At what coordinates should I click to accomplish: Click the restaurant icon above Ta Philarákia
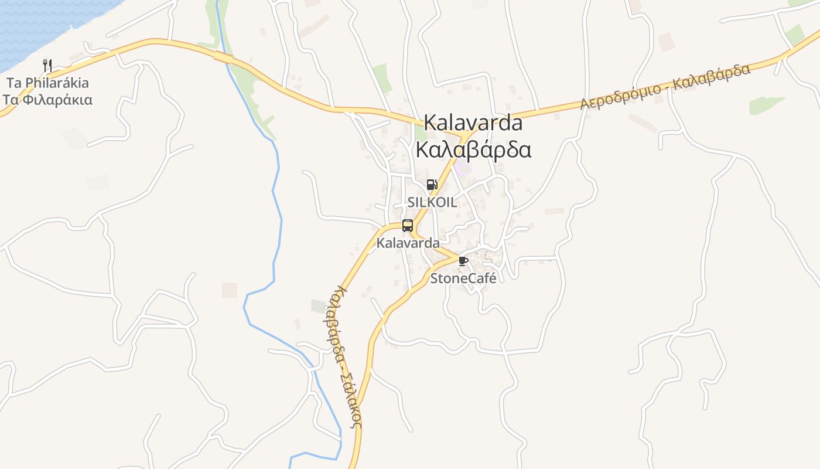click(x=47, y=65)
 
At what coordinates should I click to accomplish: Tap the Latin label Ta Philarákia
click(x=47, y=83)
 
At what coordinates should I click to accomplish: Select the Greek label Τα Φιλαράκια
click(x=47, y=100)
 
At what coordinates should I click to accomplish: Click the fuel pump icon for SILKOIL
click(x=432, y=185)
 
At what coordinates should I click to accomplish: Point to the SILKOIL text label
click(x=432, y=202)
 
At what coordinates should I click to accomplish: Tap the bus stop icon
click(x=408, y=226)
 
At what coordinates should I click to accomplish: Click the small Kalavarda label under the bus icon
click(x=408, y=242)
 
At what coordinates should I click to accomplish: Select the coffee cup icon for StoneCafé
click(x=463, y=261)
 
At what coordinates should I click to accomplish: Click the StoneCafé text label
click(x=463, y=278)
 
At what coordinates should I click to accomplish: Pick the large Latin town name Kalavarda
click(x=473, y=123)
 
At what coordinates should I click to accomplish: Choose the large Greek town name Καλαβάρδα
click(x=473, y=149)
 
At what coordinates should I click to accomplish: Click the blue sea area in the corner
click(x=35, y=23)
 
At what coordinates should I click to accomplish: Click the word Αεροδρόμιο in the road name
click(x=621, y=97)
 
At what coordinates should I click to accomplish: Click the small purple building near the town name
click(x=464, y=169)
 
